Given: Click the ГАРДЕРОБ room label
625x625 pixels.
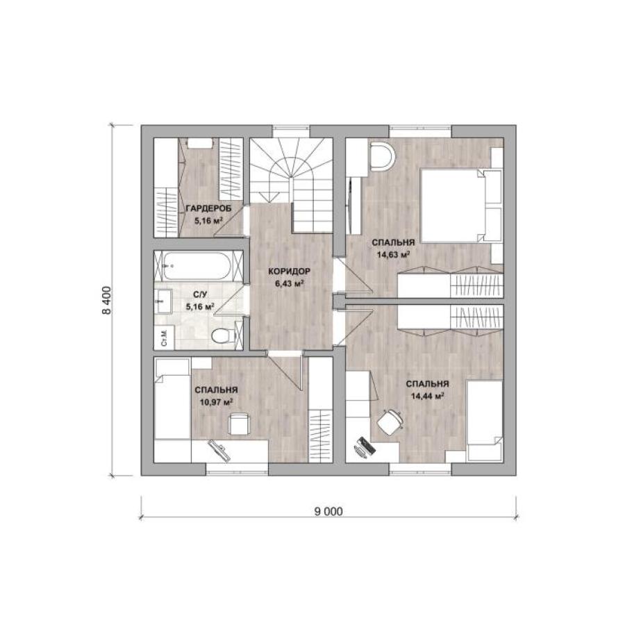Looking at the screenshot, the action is [x=208, y=208].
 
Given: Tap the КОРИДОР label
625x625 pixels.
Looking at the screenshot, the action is [x=289, y=272].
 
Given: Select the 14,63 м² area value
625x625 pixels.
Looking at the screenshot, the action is [x=394, y=254].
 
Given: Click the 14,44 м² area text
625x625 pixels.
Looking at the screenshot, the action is [x=427, y=396].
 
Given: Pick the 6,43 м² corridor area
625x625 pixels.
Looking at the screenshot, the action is [x=290, y=283].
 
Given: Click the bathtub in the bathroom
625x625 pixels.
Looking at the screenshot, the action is [x=197, y=266].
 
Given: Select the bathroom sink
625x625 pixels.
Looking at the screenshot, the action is [x=162, y=301].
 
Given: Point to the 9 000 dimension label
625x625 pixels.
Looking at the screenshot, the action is [x=328, y=511].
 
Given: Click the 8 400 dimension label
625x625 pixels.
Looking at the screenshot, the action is [x=107, y=300].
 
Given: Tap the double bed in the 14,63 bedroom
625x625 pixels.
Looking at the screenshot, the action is [x=461, y=205].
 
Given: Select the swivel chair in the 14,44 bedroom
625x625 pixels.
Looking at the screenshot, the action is [x=390, y=422].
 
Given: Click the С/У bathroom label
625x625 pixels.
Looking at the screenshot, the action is [x=200, y=294].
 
